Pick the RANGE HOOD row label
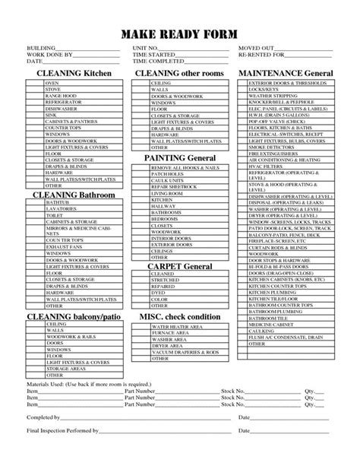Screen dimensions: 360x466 [60, 94]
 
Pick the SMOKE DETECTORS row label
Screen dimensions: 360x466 [271, 147]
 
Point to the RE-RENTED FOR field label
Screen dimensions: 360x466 [260, 55]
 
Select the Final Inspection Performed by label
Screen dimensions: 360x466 [62, 452]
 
